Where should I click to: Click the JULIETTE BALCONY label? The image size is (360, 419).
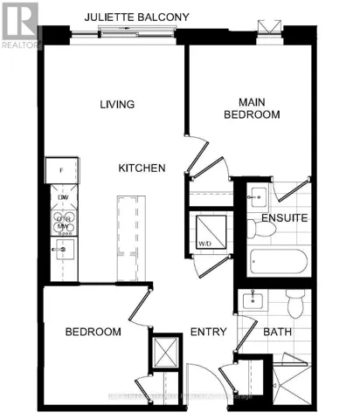[143, 17]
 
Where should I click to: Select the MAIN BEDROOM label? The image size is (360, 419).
[252, 107]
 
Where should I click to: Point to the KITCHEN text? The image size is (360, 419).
[142, 167]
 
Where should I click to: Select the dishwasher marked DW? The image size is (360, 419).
[62, 198]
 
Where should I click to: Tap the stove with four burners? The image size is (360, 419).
[62, 223]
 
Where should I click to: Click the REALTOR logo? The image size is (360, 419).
[19, 26]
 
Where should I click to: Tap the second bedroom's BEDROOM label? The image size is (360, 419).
[93, 332]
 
